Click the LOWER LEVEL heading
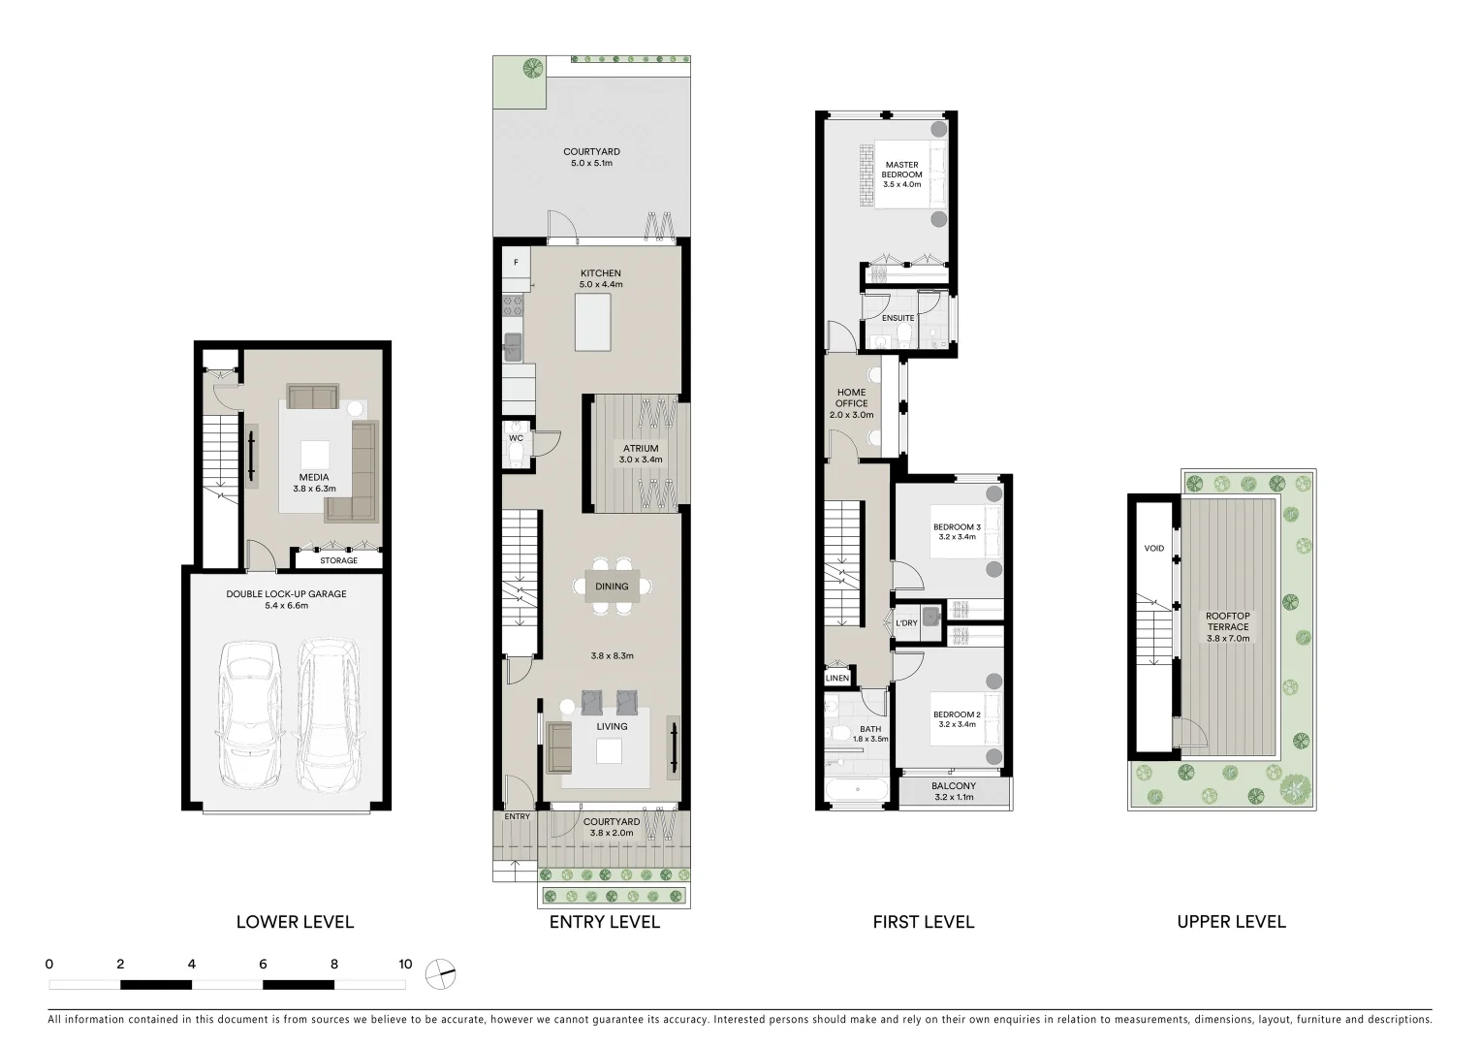click(x=295, y=922)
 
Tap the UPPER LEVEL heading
click(x=1231, y=922)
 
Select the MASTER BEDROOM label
click(x=901, y=170)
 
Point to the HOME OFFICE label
click(x=852, y=398)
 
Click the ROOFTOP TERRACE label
click(x=1227, y=621)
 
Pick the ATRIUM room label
click(x=641, y=449)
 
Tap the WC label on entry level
click(x=516, y=438)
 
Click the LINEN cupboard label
click(x=837, y=678)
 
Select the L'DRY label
click(x=906, y=623)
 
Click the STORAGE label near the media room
click(x=338, y=560)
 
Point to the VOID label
click(x=1153, y=549)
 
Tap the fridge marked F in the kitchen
click(x=516, y=263)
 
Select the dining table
click(x=612, y=587)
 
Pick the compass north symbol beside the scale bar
click(x=440, y=973)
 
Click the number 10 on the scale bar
click(x=405, y=964)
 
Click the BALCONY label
click(x=954, y=786)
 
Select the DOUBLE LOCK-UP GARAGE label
click(x=286, y=594)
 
